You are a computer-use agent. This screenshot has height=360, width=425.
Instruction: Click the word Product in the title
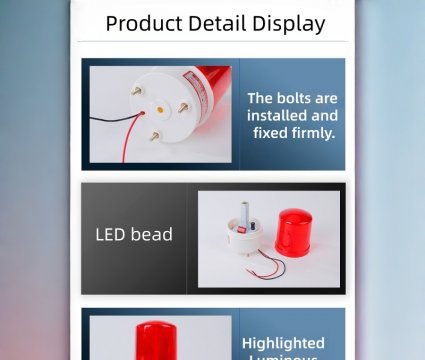click(x=144, y=23)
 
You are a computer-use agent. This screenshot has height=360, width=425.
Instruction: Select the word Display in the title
click(x=290, y=23)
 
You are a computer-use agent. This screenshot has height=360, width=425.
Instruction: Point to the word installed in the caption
click(x=276, y=115)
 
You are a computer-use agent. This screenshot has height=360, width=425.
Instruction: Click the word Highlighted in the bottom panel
click(x=283, y=343)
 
